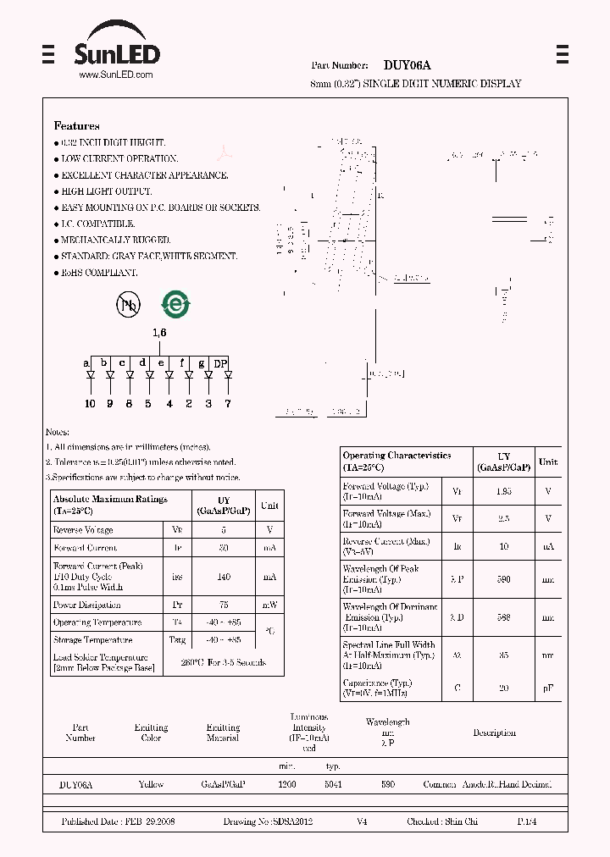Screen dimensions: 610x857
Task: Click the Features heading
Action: pyautogui.click(x=76, y=126)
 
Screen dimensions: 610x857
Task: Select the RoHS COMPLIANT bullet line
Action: pyautogui.click(x=98, y=273)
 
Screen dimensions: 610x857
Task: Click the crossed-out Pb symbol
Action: pyautogui.click(x=128, y=305)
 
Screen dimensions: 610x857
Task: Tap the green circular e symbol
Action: pyautogui.click(x=175, y=305)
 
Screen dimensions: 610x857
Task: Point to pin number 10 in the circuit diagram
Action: pyautogui.click(x=90, y=404)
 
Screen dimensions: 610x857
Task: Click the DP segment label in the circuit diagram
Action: pyautogui.click(x=220, y=364)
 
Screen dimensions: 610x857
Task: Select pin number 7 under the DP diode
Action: pyautogui.click(x=227, y=404)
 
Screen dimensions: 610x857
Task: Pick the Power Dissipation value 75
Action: pyautogui.click(x=224, y=605)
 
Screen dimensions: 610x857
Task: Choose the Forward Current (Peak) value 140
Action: pyautogui.click(x=224, y=577)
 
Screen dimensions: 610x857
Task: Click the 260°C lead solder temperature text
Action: pyautogui.click(x=225, y=662)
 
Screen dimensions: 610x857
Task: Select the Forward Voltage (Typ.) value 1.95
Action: pyautogui.click(x=503, y=491)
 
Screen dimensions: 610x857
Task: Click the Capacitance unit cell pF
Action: pyautogui.click(x=548, y=688)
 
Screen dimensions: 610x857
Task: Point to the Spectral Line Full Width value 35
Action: pyautogui.click(x=503, y=655)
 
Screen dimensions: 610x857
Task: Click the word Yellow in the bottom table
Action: pyautogui.click(x=151, y=785)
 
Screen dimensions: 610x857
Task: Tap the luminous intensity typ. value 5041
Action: pyautogui.click(x=333, y=785)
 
